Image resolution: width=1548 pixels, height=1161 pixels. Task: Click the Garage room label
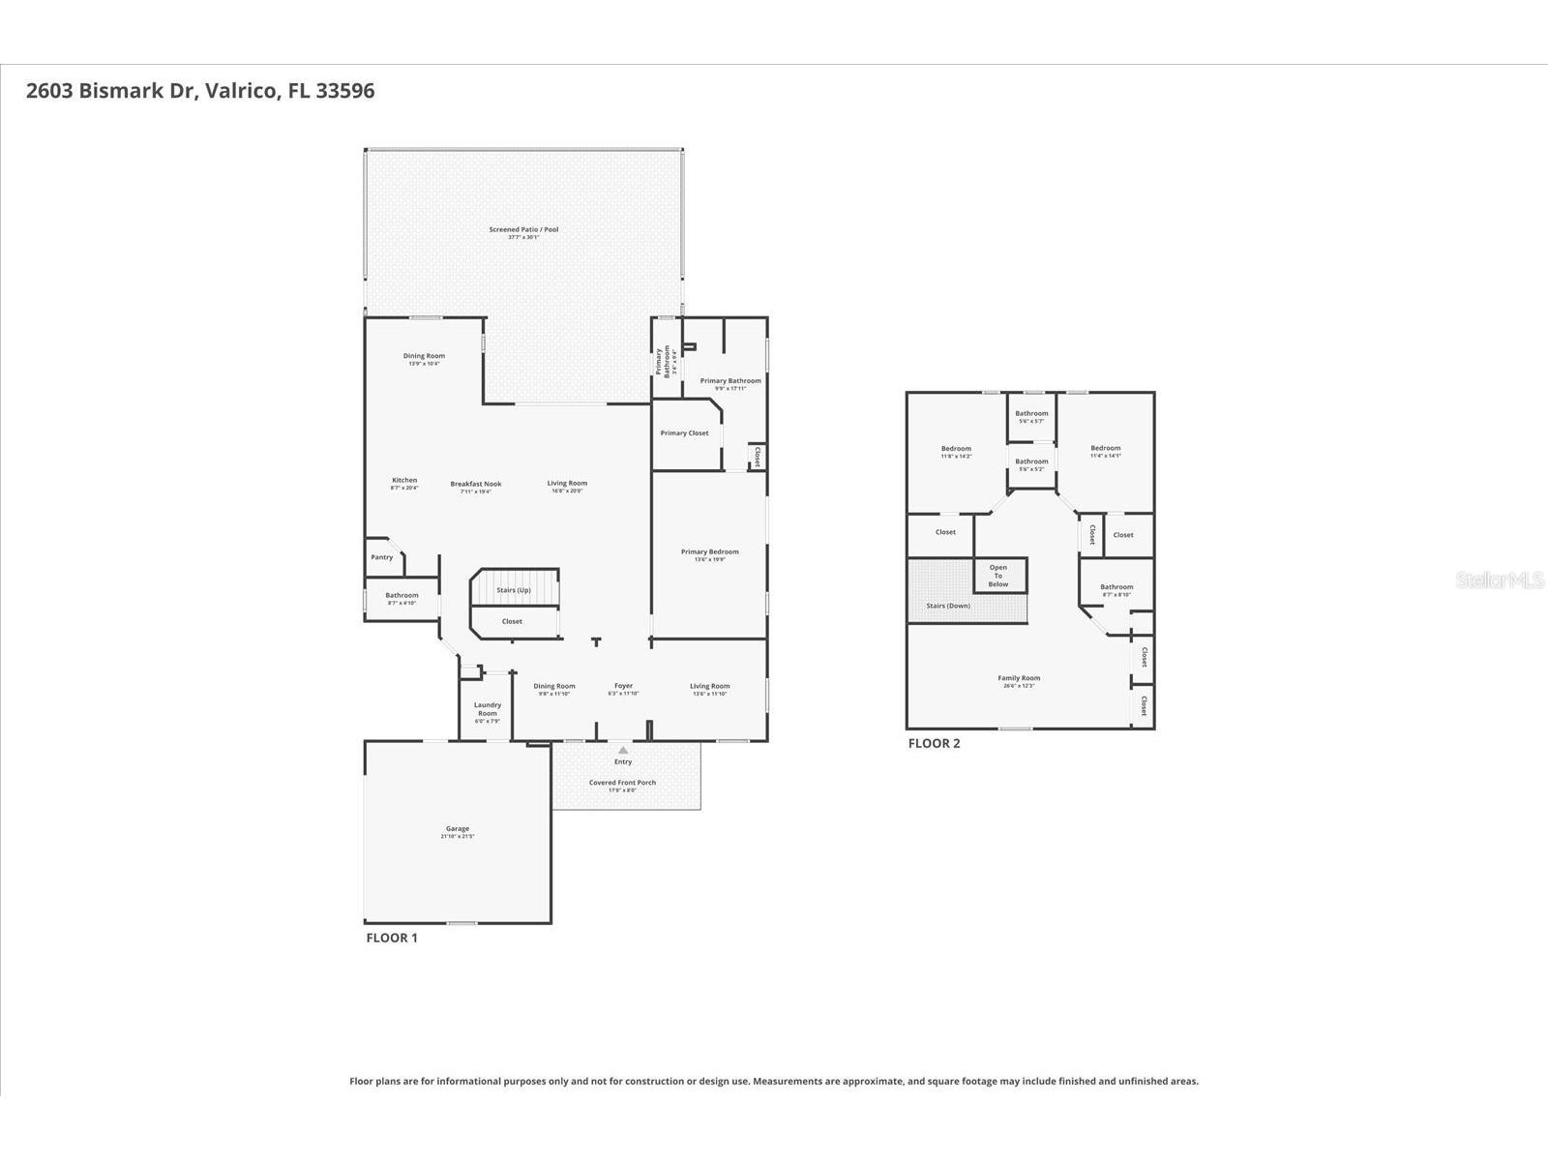click(458, 829)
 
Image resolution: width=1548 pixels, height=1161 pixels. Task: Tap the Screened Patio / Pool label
click(523, 230)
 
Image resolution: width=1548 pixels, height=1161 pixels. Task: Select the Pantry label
click(382, 557)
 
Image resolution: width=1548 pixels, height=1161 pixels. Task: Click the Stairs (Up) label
click(514, 590)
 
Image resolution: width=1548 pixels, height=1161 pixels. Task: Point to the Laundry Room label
click(488, 709)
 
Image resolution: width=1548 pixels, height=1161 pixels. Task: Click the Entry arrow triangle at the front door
click(623, 750)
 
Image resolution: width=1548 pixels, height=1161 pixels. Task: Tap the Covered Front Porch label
click(622, 783)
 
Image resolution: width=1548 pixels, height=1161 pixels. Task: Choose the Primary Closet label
click(685, 433)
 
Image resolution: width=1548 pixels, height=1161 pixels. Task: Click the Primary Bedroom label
click(709, 552)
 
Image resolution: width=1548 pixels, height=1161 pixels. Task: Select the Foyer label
click(623, 687)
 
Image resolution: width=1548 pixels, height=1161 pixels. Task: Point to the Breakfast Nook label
click(476, 484)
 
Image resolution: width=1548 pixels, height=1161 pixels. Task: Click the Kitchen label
click(404, 481)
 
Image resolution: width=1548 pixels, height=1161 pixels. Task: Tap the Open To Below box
click(998, 576)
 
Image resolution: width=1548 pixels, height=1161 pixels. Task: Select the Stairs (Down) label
click(948, 606)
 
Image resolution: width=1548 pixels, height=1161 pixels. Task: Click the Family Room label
click(1019, 678)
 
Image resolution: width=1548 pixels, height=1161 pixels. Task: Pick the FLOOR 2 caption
click(934, 743)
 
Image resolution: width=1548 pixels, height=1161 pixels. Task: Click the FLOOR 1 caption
click(392, 938)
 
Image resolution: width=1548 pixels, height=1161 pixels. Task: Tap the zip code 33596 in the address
click(344, 91)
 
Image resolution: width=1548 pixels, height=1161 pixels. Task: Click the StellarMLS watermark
click(1501, 580)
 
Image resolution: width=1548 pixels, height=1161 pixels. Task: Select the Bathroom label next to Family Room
click(1116, 587)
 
